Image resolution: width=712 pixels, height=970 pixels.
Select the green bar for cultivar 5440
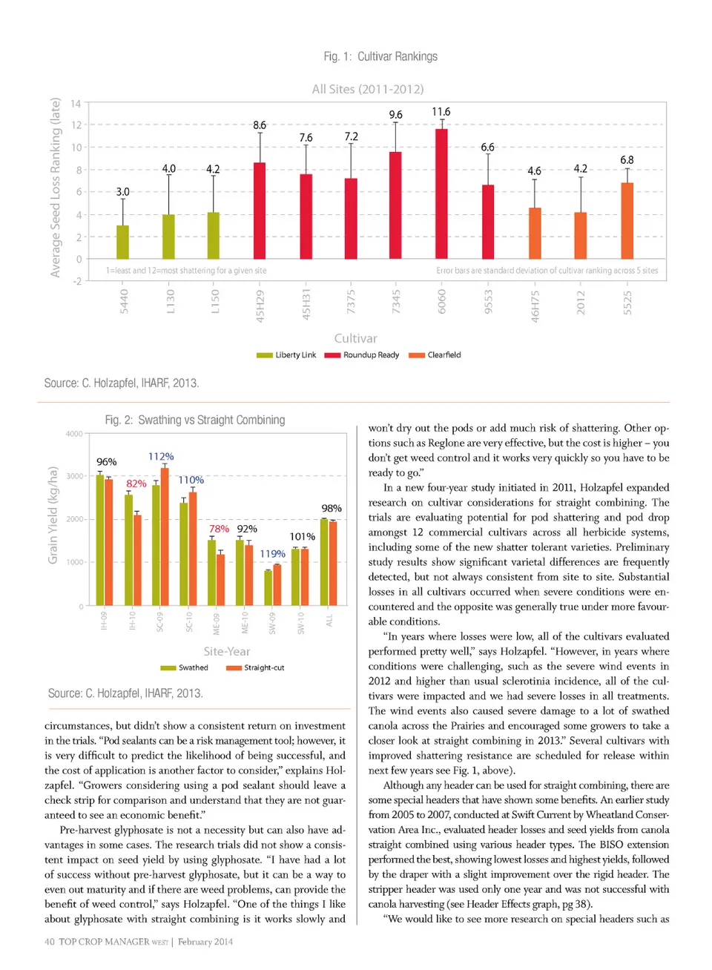click(123, 242)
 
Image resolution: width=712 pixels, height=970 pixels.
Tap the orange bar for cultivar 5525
click(627, 220)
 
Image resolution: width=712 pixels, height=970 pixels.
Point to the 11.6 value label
click(441, 112)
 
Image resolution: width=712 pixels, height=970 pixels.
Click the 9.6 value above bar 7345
click(396, 115)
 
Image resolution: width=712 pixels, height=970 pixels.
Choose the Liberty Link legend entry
click(287, 355)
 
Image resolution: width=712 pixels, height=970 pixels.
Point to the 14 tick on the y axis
click(76, 104)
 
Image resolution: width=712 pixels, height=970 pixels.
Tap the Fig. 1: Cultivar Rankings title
click(380, 56)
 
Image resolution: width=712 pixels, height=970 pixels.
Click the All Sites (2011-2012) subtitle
click(368, 89)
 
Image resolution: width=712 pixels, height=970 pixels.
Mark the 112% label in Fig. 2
click(161, 456)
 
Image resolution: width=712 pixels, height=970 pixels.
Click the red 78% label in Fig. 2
click(219, 529)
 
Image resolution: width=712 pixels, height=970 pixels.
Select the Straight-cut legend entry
click(256, 668)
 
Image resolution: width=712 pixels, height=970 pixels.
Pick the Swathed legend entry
click(185, 668)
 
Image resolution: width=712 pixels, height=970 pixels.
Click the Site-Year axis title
click(227, 651)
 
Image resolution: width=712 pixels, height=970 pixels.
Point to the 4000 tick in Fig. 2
click(74, 434)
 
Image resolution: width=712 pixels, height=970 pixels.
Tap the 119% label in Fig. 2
click(272, 554)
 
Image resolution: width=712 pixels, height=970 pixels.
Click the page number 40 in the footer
click(50, 942)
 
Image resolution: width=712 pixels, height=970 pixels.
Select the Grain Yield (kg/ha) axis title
click(53, 515)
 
